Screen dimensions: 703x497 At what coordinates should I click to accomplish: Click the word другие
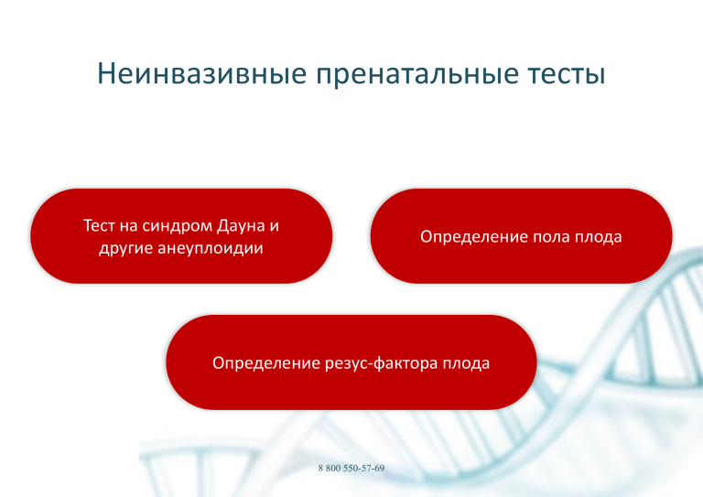tap(126, 249)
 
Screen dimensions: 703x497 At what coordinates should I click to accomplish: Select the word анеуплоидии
tap(211, 249)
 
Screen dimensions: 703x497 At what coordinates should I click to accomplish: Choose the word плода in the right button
tap(599, 237)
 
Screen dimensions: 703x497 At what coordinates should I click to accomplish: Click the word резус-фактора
tap(381, 363)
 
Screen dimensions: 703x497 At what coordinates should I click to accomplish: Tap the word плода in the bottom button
tap(466, 363)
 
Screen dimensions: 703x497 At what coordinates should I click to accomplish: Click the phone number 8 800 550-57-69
tap(351, 469)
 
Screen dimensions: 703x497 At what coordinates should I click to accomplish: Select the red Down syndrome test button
tap(181, 236)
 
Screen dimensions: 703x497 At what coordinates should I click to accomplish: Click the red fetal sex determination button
tap(521, 236)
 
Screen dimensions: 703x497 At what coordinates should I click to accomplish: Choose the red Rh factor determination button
tap(351, 362)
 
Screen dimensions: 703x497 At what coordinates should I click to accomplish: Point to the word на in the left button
tap(128, 226)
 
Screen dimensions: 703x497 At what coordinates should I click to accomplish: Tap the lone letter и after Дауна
tap(274, 226)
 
